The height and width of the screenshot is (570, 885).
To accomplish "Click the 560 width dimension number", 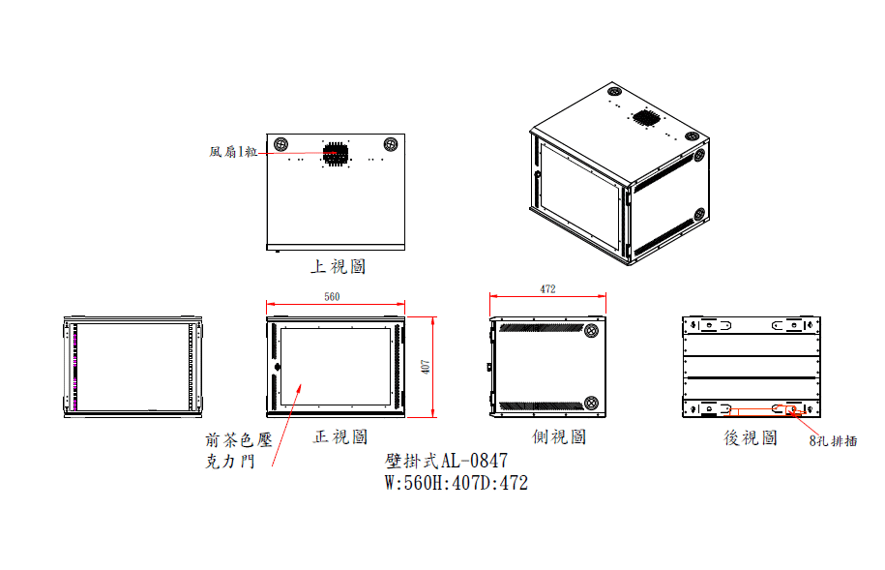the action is coord(332,296).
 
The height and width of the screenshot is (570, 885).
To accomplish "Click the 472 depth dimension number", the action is coord(547,288).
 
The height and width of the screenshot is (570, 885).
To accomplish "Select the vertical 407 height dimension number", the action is coord(426,367).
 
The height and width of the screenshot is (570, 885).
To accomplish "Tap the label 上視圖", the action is coord(339,266).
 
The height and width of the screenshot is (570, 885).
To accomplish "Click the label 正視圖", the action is coord(340,436).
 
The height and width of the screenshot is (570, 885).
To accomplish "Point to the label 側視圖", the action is coord(559,436).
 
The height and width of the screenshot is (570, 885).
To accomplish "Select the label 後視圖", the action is coord(751,437).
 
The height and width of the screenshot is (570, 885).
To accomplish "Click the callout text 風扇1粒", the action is coord(233,151).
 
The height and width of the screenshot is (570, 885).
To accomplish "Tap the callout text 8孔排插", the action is coord(833,440).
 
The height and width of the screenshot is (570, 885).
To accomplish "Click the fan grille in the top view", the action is coord(336,154).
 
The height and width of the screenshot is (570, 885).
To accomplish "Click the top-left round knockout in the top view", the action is coord(280,144).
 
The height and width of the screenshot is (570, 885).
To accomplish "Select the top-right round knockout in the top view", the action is coord(391,144).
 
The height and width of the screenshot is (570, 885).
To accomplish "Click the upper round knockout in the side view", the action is coord(592,330).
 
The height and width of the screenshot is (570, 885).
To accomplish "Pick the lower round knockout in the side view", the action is coord(592,403).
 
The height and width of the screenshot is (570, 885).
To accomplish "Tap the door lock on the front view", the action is coord(278,367).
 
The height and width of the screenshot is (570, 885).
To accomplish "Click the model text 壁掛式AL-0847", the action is coord(446,461).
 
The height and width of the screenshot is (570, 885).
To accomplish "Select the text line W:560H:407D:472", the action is coord(457,483).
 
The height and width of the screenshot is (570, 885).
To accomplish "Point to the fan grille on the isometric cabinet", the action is coord(646,117).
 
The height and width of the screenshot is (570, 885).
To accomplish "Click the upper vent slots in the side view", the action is coord(541,328).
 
